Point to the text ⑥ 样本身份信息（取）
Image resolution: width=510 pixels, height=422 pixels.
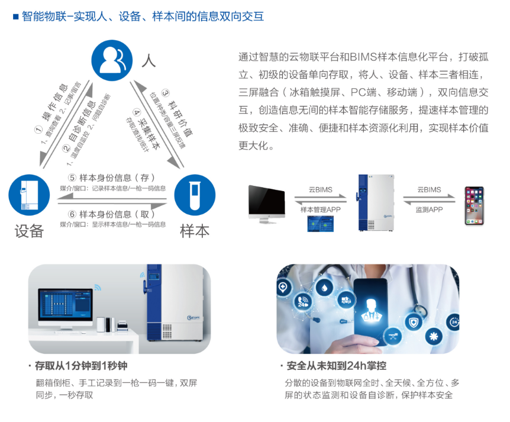pos(112,214)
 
